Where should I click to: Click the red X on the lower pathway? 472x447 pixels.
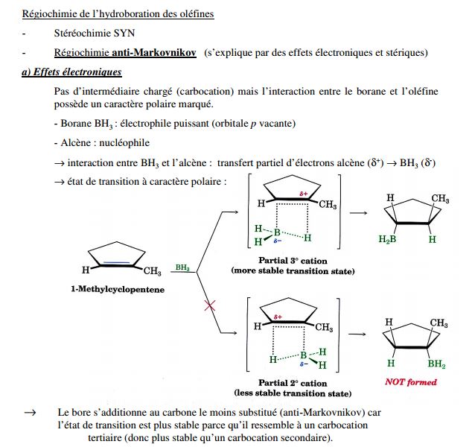click(210, 305)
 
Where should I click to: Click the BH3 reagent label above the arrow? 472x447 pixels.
click(182, 266)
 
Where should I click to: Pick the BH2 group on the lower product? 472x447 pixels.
click(436, 365)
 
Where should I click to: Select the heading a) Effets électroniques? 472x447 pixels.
click(72, 72)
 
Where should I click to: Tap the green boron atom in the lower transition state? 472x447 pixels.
click(303, 355)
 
